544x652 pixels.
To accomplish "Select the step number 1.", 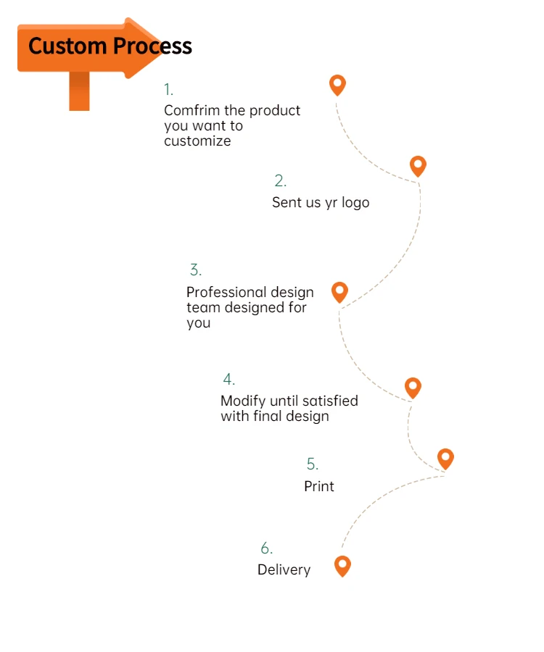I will (168, 90).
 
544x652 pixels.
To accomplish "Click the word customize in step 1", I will (197, 141).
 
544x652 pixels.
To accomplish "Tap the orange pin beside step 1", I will (337, 85).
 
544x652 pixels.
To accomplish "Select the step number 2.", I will (280, 181).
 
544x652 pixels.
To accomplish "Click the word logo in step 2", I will (355, 203).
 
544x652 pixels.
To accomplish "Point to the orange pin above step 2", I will (418, 166).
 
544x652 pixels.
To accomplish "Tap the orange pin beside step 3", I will (339, 292).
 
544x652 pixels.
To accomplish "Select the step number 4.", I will (228, 380).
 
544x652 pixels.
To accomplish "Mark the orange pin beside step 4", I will (413, 388).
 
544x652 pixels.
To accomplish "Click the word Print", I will (319, 486).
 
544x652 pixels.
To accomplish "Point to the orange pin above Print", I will (445, 458).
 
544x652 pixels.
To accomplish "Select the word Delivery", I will (284, 570).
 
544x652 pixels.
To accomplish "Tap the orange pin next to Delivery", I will (342, 566).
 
